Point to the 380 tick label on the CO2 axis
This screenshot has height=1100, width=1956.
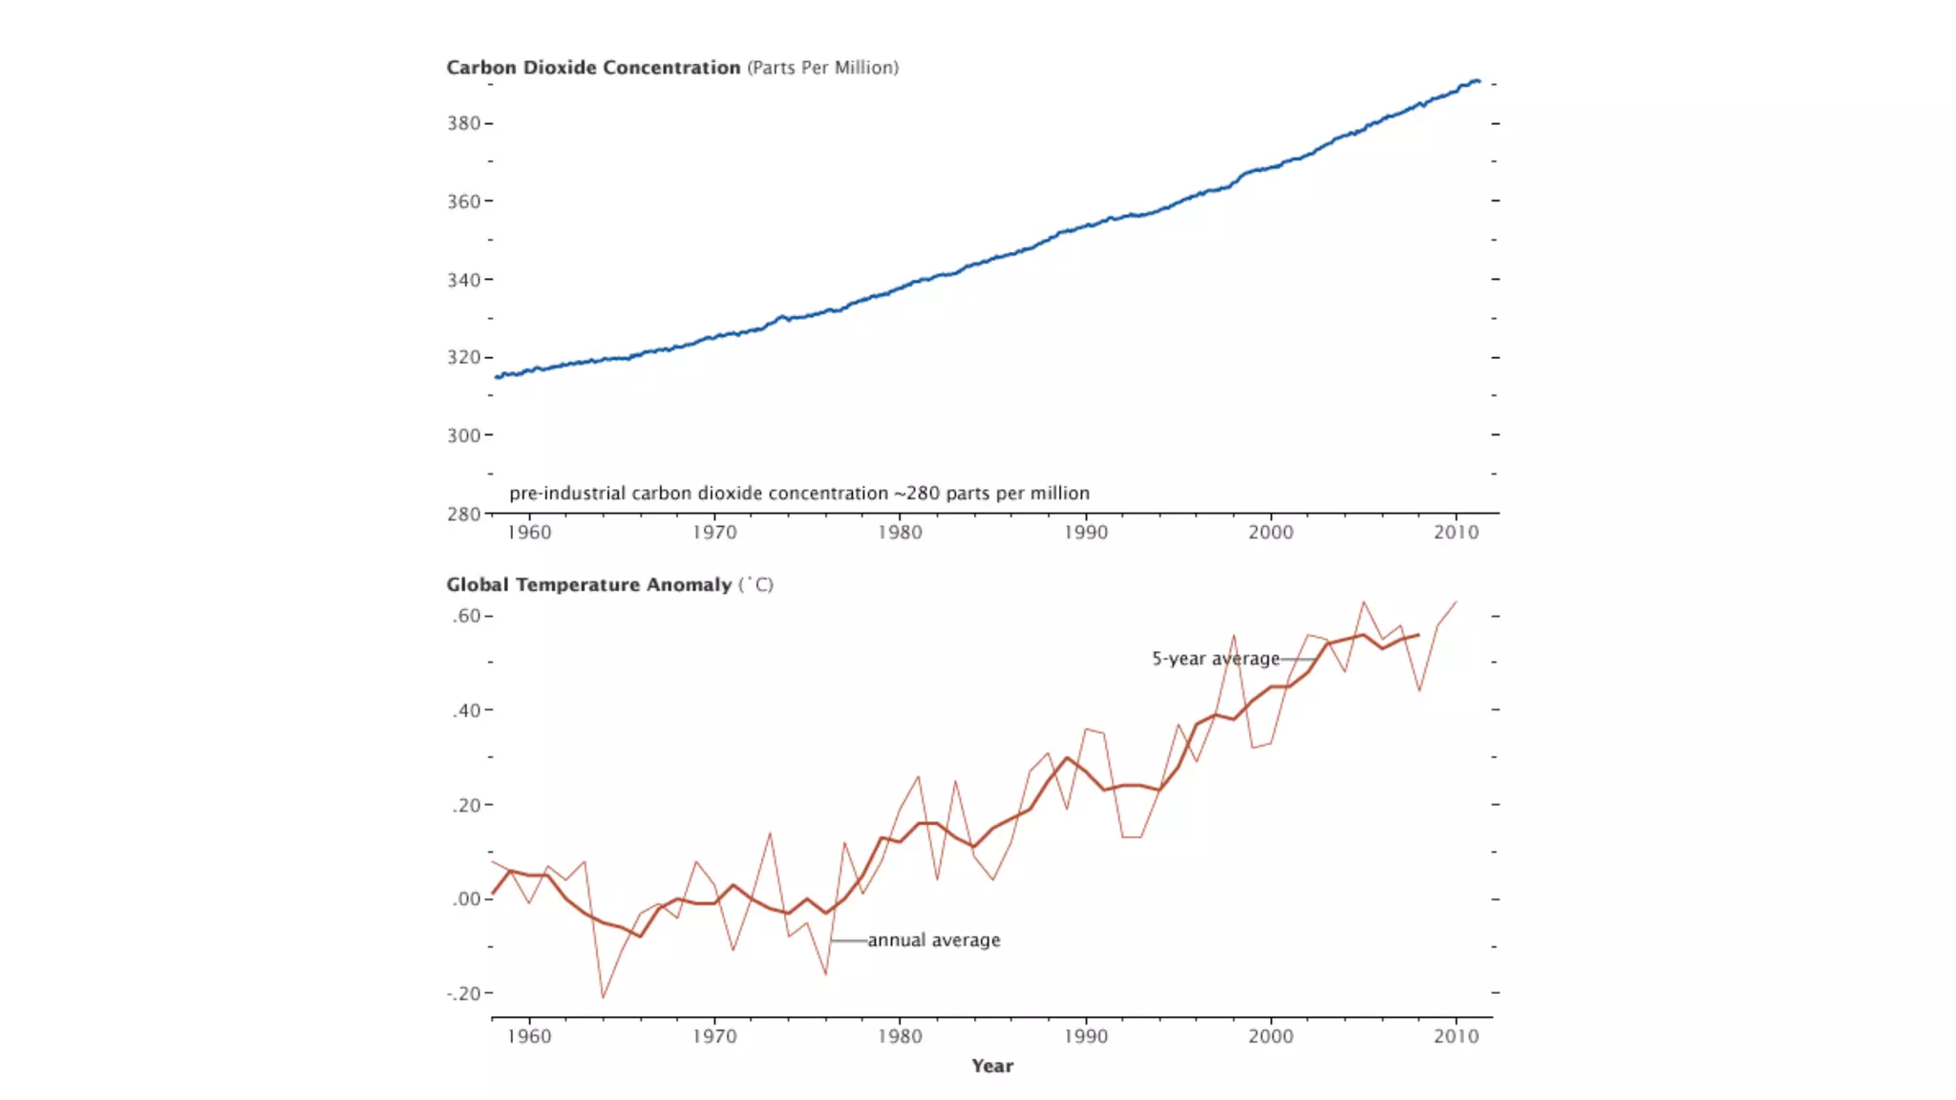point(463,123)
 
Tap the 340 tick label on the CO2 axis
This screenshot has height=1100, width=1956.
point(463,280)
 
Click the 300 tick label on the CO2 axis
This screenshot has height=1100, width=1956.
point(463,435)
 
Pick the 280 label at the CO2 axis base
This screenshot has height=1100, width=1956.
point(463,514)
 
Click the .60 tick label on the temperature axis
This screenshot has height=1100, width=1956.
point(466,616)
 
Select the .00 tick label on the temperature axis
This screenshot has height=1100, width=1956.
point(466,899)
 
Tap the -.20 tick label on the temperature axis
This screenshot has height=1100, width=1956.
point(463,993)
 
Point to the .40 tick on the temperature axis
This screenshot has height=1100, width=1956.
point(466,710)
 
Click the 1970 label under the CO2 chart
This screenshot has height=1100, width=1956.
point(714,532)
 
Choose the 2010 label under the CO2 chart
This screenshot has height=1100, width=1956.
point(1456,532)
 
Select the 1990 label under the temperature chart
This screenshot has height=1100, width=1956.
point(1086,1036)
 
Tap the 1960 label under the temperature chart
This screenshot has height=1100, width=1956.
point(529,1036)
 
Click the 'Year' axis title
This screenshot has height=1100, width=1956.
point(992,1066)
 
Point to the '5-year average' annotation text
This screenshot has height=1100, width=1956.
point(1215,659)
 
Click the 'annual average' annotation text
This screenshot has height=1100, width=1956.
point(933,941)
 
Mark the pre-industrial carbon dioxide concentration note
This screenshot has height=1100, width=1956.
point(798,494)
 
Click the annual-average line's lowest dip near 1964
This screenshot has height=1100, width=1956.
point(603,997)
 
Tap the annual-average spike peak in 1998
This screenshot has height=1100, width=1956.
point(1234,636)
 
